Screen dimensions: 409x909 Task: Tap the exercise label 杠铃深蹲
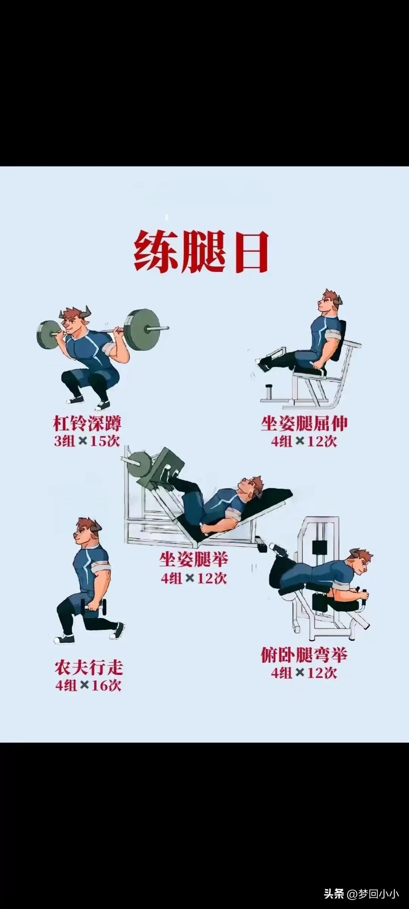(87, 423)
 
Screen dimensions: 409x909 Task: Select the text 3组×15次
(87, 441)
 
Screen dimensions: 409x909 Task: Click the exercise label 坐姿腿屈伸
(304, 423)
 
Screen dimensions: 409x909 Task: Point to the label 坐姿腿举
(194, 559)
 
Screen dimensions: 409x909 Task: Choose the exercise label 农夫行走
(89, 668)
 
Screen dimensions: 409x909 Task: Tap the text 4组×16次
(89, 686)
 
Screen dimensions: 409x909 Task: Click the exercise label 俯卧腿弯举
(304, 655)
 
